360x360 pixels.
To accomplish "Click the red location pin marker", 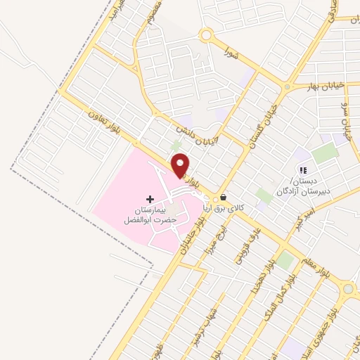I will pyautogui.click(x=181, y=165).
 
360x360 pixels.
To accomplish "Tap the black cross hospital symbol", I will pyautogui.click(x=150, y=200).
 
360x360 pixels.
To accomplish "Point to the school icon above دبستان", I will pyautogui.click(x=303, y=170).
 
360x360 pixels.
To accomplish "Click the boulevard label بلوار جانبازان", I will pyautogui.click(x=193, y=236).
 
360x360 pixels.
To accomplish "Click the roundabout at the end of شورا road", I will pyautogui.click(x=206, y=34).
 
